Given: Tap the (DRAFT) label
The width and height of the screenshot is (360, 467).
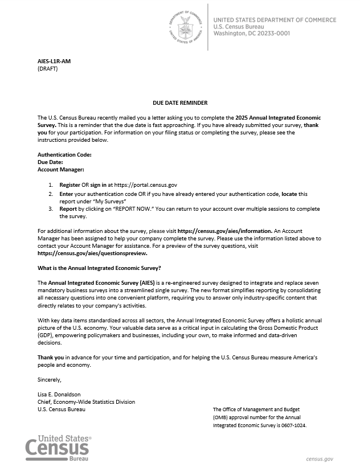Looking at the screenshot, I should (48, 68).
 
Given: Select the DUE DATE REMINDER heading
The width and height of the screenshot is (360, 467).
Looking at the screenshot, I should (180, 103).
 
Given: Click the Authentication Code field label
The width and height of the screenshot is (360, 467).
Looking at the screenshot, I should (64, 154).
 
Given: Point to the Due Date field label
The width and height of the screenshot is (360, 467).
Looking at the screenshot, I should (50, 162).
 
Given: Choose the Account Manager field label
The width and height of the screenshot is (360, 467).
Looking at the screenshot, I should (61, 169).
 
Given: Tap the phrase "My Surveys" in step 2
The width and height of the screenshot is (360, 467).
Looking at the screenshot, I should (107, 201).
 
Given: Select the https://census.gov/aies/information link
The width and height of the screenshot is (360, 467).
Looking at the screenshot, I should (225, 230).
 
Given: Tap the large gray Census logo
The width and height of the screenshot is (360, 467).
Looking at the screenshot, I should (58, 448).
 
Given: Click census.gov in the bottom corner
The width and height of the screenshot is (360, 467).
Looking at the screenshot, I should (320, 458).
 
